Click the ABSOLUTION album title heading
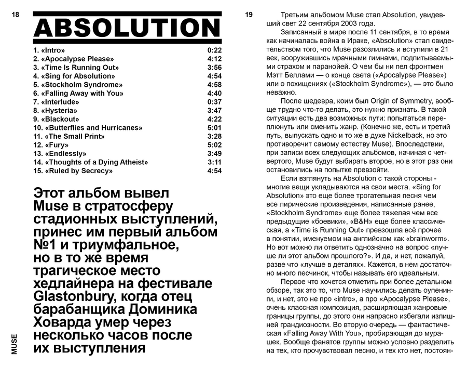tap(127, 28)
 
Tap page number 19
tap(249, 15)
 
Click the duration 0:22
tap(214, 50)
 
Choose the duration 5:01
tap(214, 127)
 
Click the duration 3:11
tap(214, 162)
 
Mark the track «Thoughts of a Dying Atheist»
tap(91, 162)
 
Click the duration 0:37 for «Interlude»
tap(214, 102)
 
